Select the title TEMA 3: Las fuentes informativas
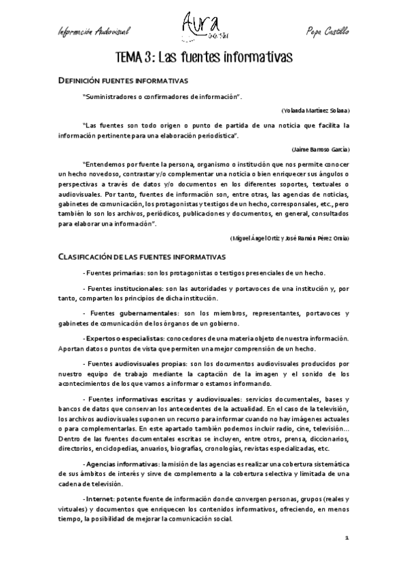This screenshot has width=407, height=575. [203, 57]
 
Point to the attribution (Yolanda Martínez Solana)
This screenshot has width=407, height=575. [315, 110]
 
